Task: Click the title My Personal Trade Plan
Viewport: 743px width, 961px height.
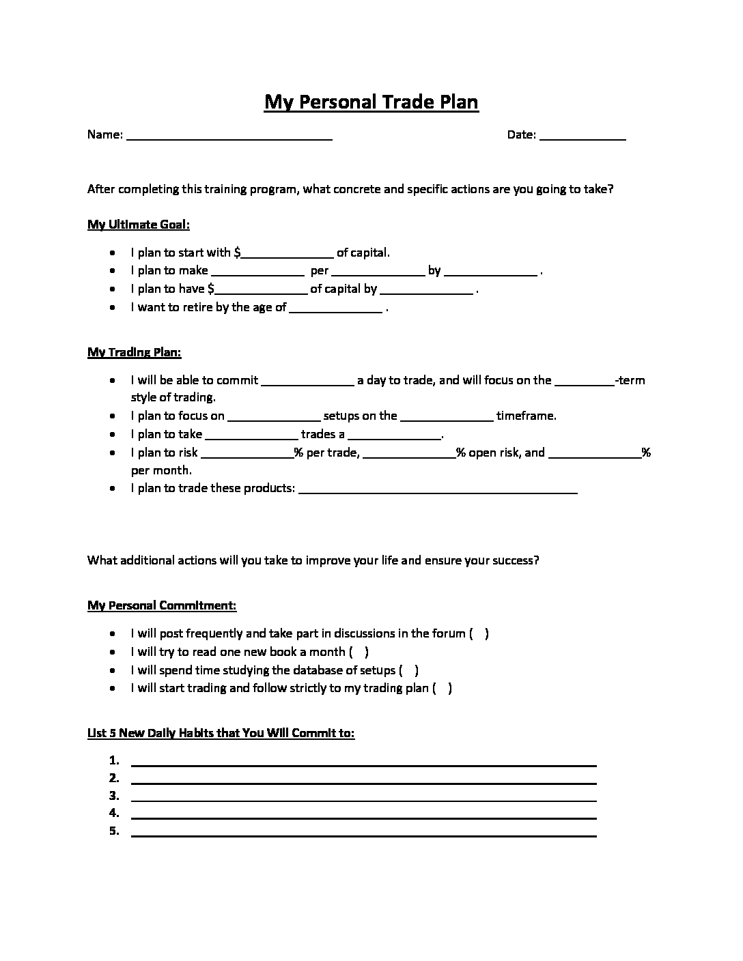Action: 371,102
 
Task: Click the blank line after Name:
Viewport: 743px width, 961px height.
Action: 229,135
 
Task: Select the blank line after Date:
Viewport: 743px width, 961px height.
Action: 583,135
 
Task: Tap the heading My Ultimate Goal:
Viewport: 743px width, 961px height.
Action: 139,225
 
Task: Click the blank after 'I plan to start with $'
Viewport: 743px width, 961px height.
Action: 288,253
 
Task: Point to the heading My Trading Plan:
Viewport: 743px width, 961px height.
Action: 135,352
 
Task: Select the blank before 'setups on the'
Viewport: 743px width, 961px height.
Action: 274,416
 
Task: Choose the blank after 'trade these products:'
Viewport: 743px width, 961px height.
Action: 438,489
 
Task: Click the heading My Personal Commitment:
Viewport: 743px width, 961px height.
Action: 162,605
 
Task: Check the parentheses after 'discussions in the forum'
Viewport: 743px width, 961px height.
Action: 479,633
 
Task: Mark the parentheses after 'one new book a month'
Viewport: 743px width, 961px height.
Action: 359,652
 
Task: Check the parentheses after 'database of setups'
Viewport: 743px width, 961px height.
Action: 409,670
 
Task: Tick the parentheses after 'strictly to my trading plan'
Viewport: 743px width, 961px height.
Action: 443,688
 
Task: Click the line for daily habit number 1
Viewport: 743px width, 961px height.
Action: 364,762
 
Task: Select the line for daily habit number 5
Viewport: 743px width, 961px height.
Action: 364,832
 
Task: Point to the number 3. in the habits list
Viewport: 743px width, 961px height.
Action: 114,796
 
